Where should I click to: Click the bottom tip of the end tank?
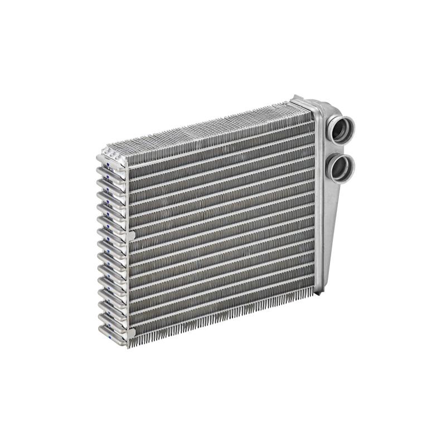click(319, 290)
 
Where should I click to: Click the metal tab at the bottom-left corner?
click(131, 334)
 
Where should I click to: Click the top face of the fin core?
click(206, 127)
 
